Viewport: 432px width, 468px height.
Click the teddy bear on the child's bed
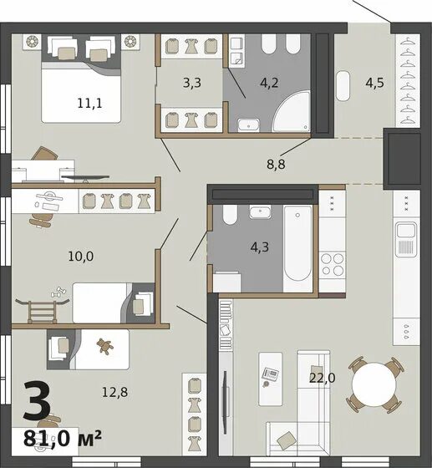pos(104,346)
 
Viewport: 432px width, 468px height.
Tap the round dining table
pos(374,384)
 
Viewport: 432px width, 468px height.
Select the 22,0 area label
pos(323,378)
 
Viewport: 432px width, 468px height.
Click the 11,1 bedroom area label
pos(89,104)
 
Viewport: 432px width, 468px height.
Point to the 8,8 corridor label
pos(276,164)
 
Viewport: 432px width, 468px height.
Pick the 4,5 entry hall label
pos(374,83)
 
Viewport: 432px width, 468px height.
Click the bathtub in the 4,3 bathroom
pos(297,243)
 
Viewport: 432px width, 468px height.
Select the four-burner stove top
pos(332,264)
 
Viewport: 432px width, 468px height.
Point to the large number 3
pos(37,400)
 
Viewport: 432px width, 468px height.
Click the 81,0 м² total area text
pos(63,438)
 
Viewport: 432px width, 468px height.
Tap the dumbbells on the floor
pos(58,292)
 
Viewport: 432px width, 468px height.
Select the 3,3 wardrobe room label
pos(192,83)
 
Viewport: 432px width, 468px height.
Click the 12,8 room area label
pos(114,392)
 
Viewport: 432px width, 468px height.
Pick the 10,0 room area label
pos(81,256)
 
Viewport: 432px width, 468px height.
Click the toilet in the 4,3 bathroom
pos(230,214)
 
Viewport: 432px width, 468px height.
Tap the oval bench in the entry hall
pos(343,85)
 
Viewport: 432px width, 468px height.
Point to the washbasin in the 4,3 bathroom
pos(260,211)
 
